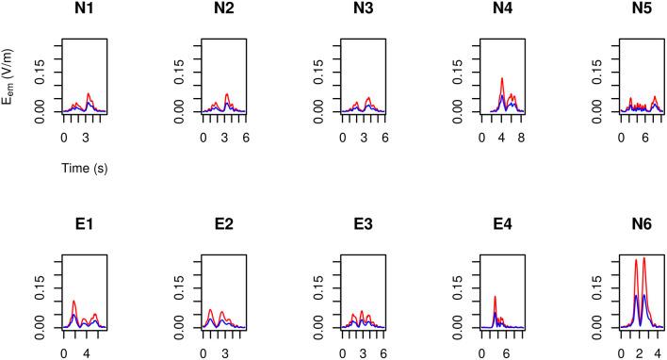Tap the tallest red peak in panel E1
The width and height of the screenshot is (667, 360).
(73, 301)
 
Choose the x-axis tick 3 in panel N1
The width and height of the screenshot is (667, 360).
(86, 137)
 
